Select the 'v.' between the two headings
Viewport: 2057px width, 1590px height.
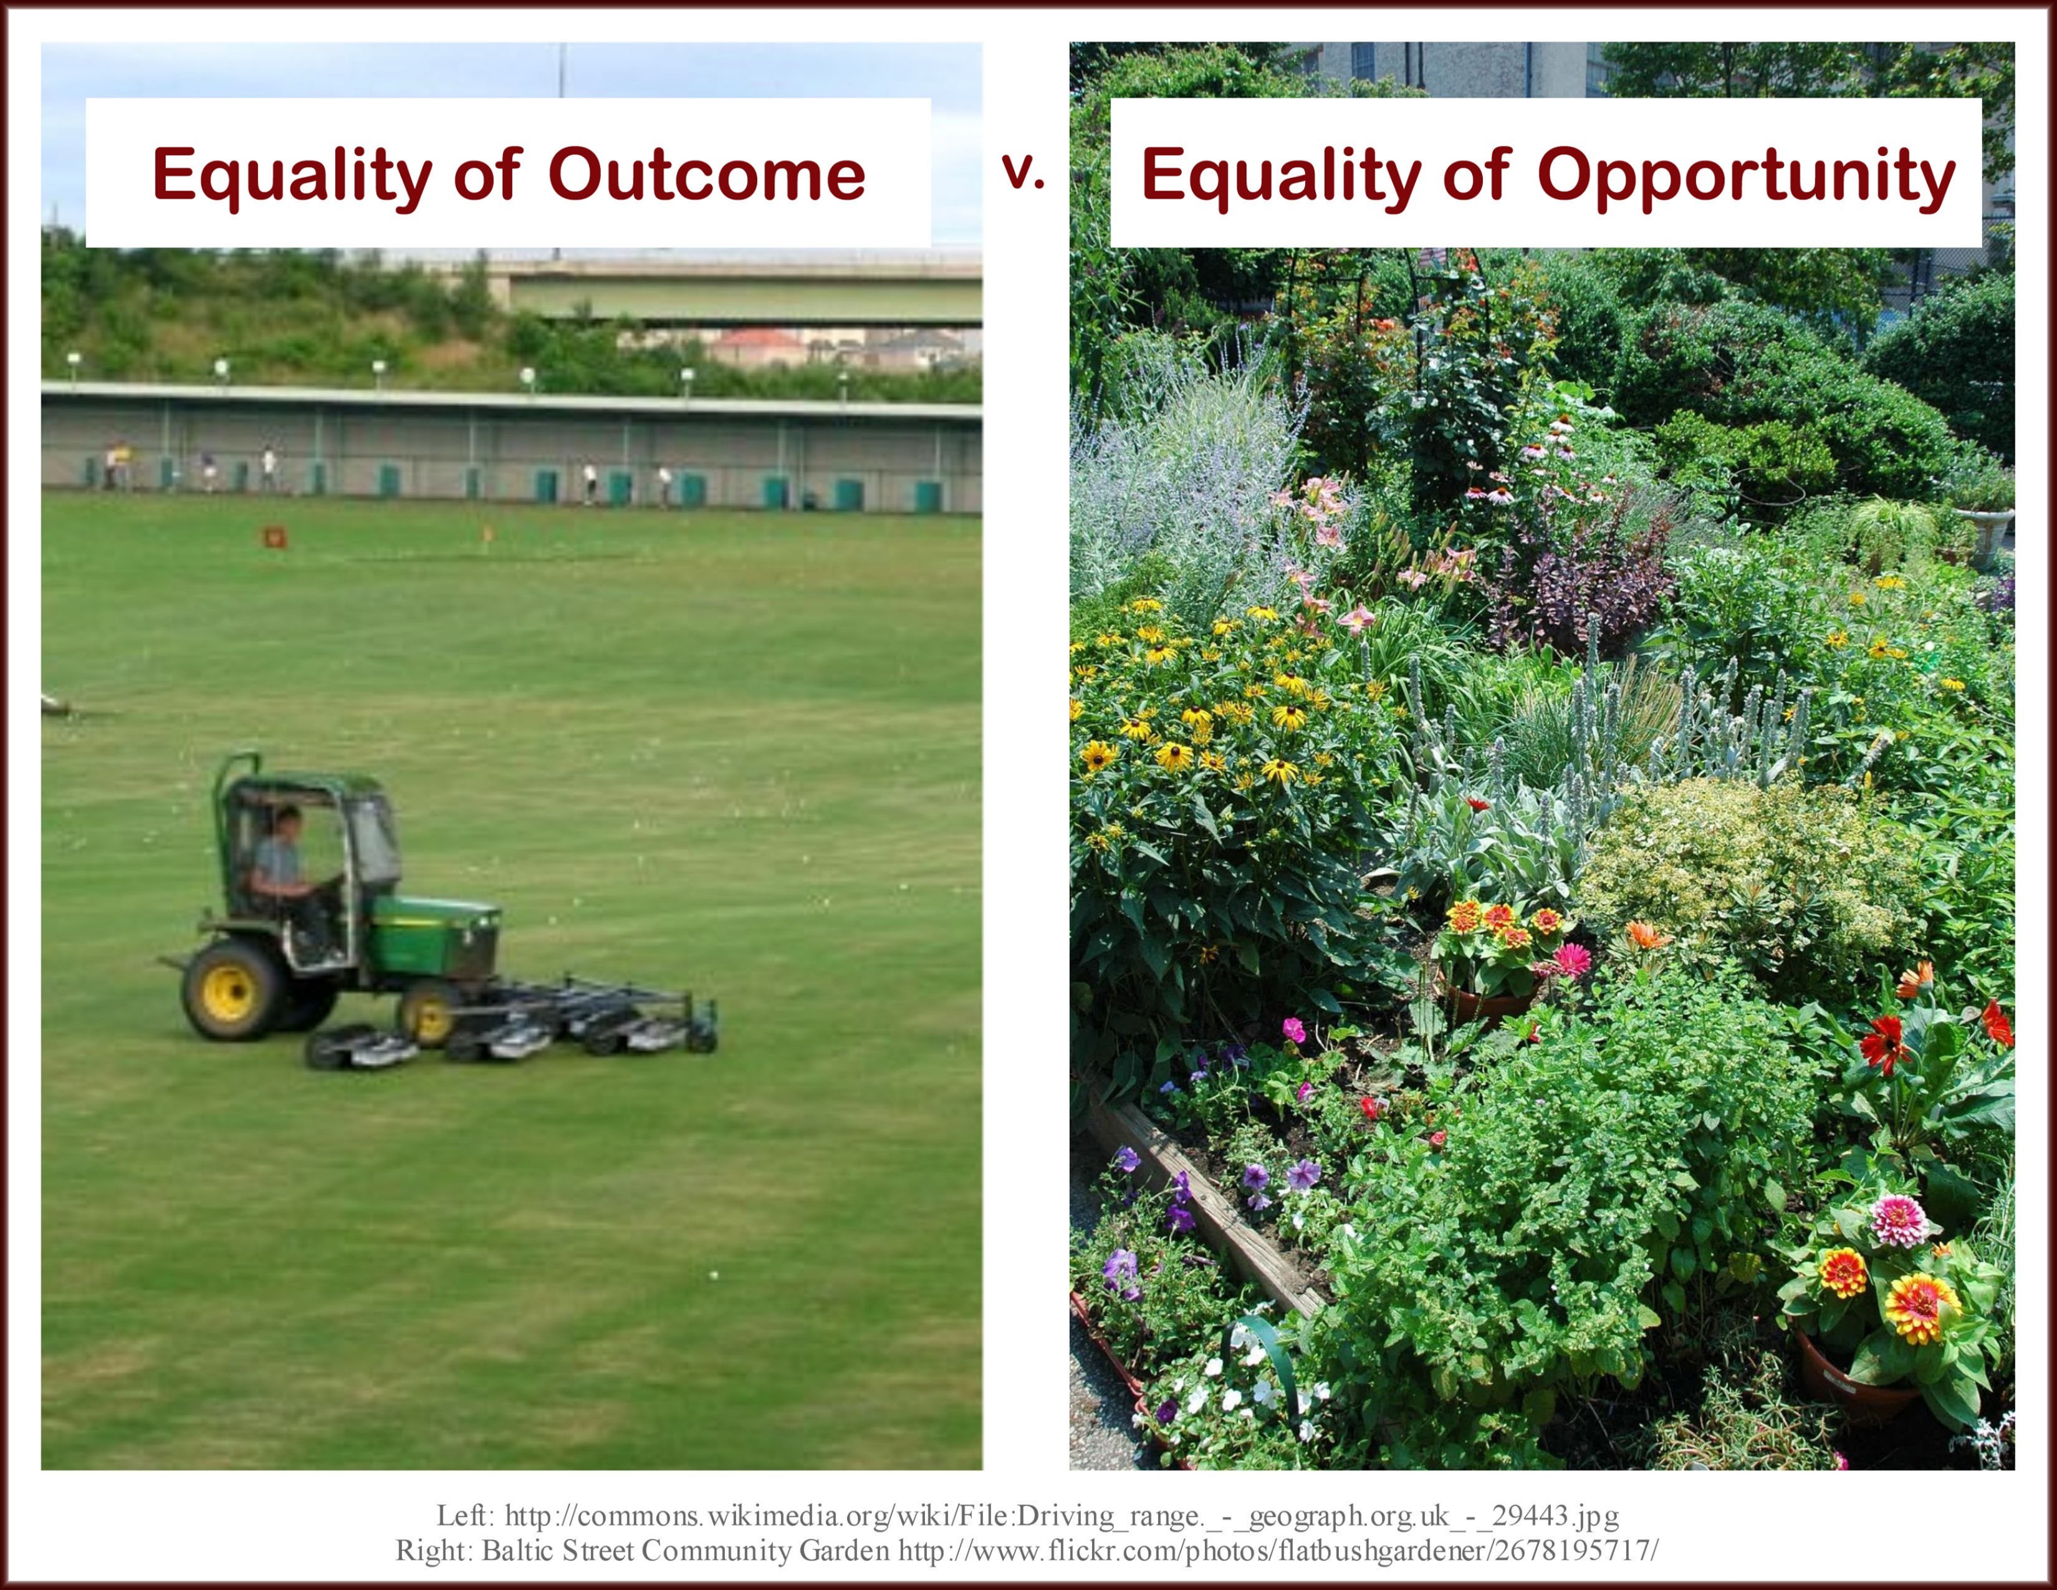tap(1024, 171)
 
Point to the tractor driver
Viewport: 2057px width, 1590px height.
tap(287, 876)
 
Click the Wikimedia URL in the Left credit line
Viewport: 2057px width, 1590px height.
tap(1062, 1516)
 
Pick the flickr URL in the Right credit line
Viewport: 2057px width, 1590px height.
tap(1278, 1551)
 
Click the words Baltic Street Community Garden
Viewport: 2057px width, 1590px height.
tap(686, 1551)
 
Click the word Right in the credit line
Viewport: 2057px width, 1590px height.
tap(434, 1551)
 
